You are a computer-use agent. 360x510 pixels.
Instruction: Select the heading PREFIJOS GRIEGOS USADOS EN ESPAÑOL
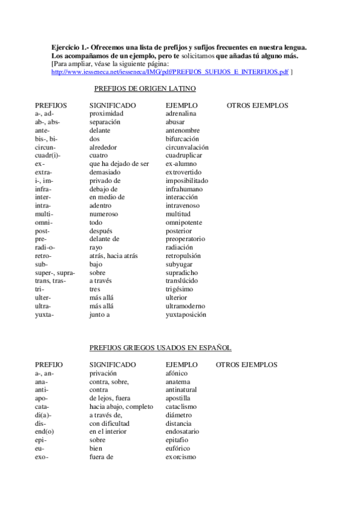(160, 348)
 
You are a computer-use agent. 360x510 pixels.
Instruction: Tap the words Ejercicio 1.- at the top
(70, 47)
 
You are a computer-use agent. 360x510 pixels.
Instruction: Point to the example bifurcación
(186, 139)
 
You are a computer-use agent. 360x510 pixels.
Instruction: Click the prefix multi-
(44, 214)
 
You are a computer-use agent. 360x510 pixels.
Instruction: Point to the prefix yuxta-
(44, 315)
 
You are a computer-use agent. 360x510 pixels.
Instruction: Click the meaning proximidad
(106, 114)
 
